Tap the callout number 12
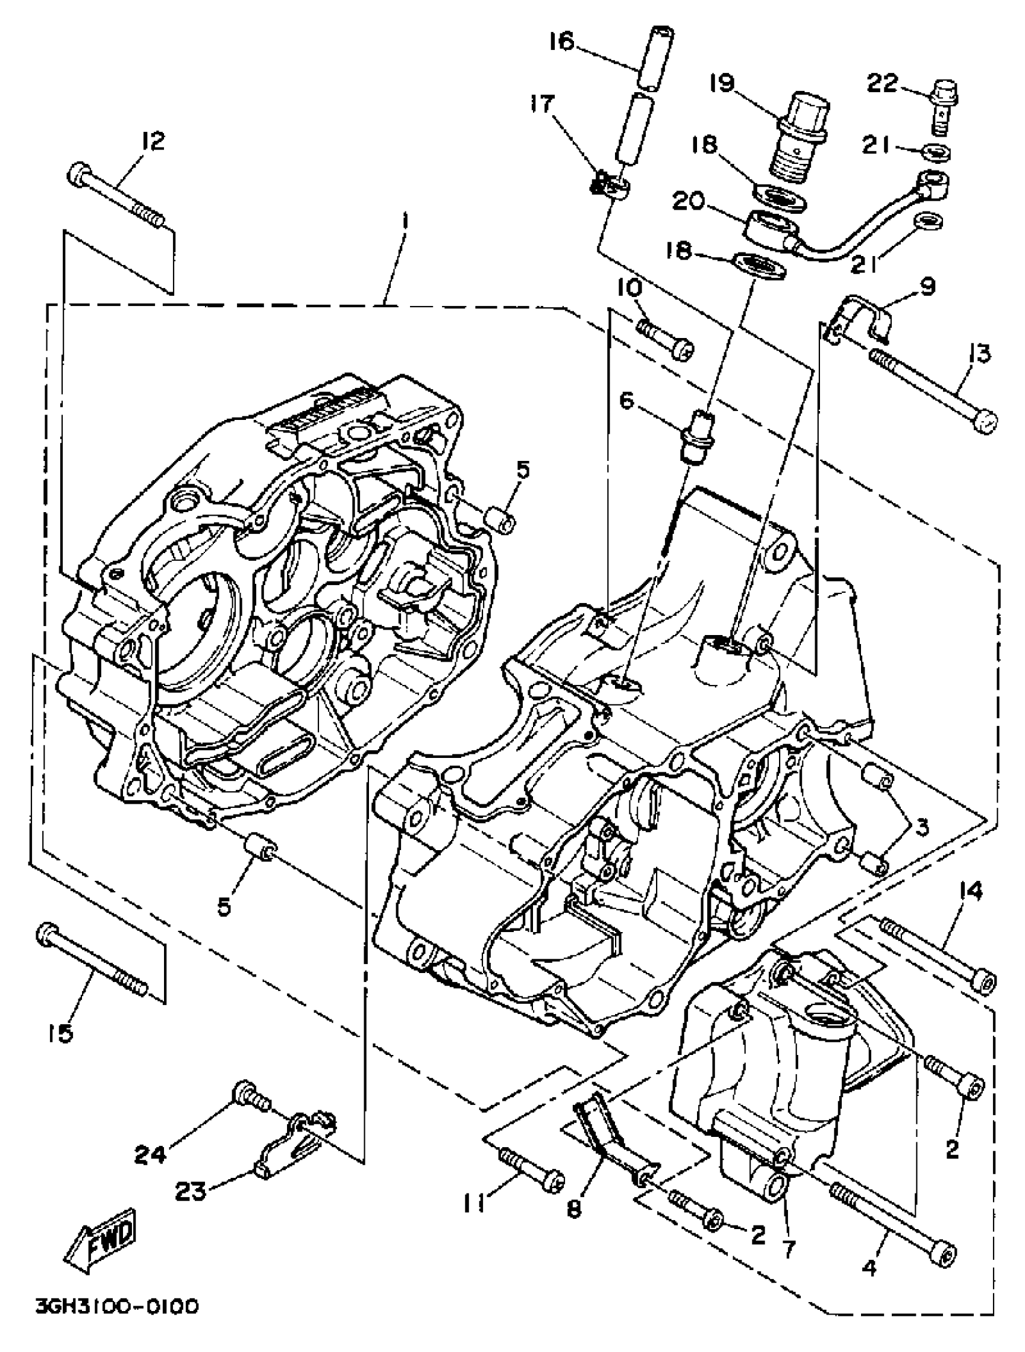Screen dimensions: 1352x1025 coord(153,141)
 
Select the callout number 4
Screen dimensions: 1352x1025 coord(869,1268)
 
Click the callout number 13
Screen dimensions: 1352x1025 coord(980,353)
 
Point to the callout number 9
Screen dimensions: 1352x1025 coord(928,286)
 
